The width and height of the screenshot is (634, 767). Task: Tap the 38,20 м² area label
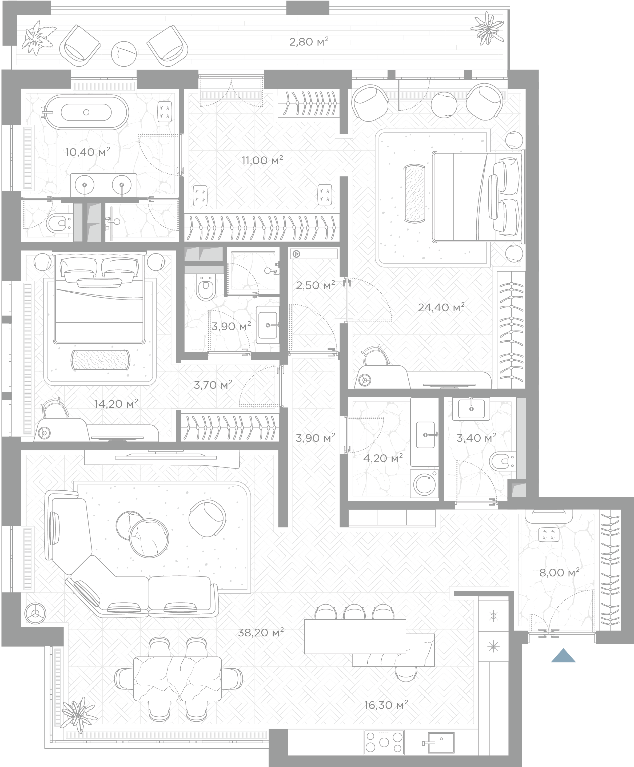point(261,632)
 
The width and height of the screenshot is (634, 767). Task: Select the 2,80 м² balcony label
point(309,42)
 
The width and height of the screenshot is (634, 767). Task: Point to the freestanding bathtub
point(86,112)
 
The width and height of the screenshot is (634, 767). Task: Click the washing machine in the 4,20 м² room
point(424,484)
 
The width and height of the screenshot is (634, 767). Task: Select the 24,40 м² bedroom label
point(441,308)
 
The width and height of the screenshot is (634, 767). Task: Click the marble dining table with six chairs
point(177,678)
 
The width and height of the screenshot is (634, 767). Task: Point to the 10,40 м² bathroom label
point(88,152)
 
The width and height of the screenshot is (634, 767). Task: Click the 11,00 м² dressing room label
point(262,160)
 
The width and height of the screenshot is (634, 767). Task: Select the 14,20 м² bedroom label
point(116,403)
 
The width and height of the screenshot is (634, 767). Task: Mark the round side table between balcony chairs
point(124,53)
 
